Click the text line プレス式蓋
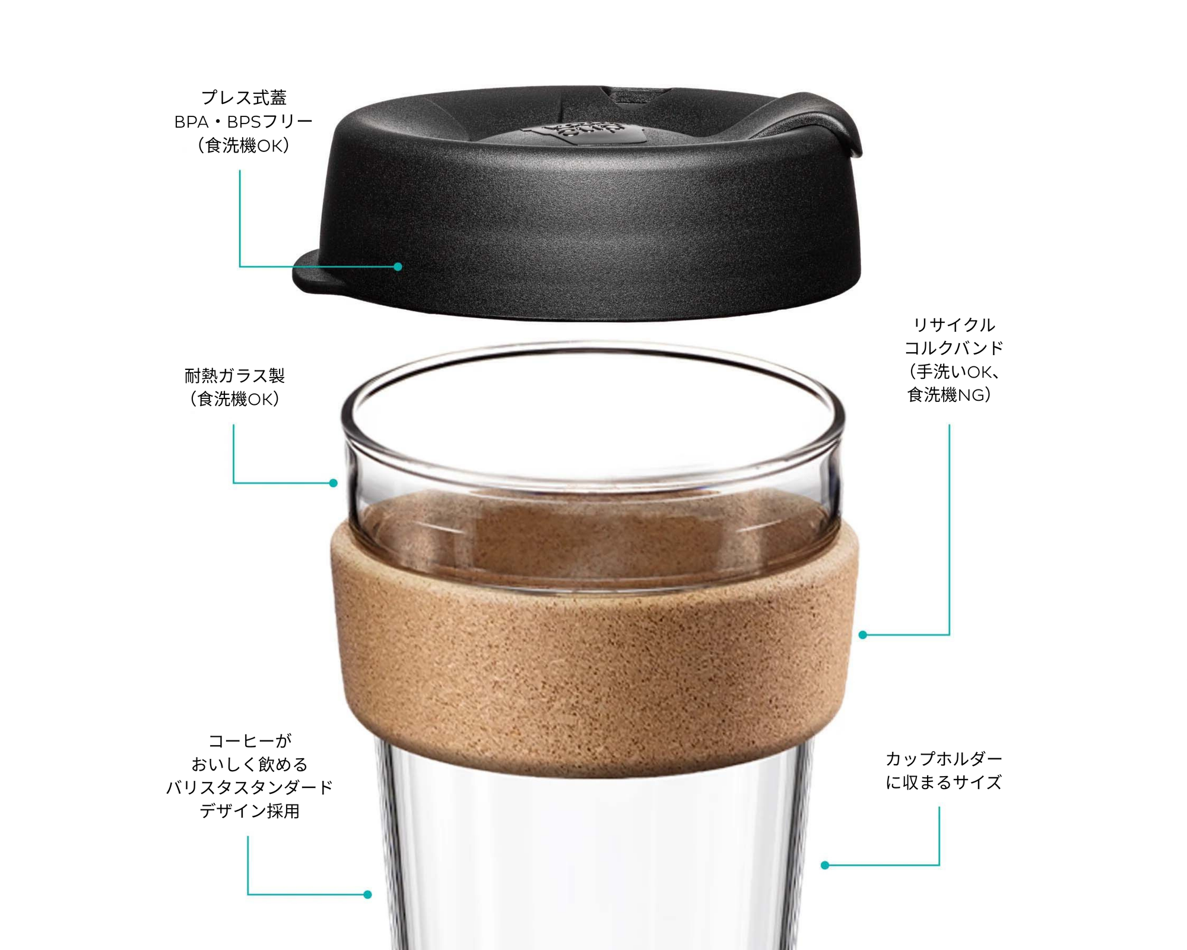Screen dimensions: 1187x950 244,97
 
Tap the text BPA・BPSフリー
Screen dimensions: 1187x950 243,122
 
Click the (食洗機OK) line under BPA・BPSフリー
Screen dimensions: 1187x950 243,145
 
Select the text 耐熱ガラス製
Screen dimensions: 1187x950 234,375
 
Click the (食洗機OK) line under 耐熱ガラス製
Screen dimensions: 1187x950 234,399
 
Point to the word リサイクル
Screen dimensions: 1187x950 954,325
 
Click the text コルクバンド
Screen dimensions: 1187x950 954,348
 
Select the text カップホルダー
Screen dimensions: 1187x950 944,759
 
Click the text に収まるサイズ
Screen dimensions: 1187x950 944,783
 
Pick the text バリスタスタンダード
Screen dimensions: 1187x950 249,788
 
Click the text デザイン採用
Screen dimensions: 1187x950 249,811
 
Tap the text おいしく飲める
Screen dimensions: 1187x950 249,764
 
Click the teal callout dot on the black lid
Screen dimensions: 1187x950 398,267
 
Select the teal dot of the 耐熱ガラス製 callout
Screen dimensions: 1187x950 334,483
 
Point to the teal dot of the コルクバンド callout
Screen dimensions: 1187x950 863,635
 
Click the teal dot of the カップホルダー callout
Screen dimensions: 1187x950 825,866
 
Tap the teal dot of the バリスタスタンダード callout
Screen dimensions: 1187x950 368,895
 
